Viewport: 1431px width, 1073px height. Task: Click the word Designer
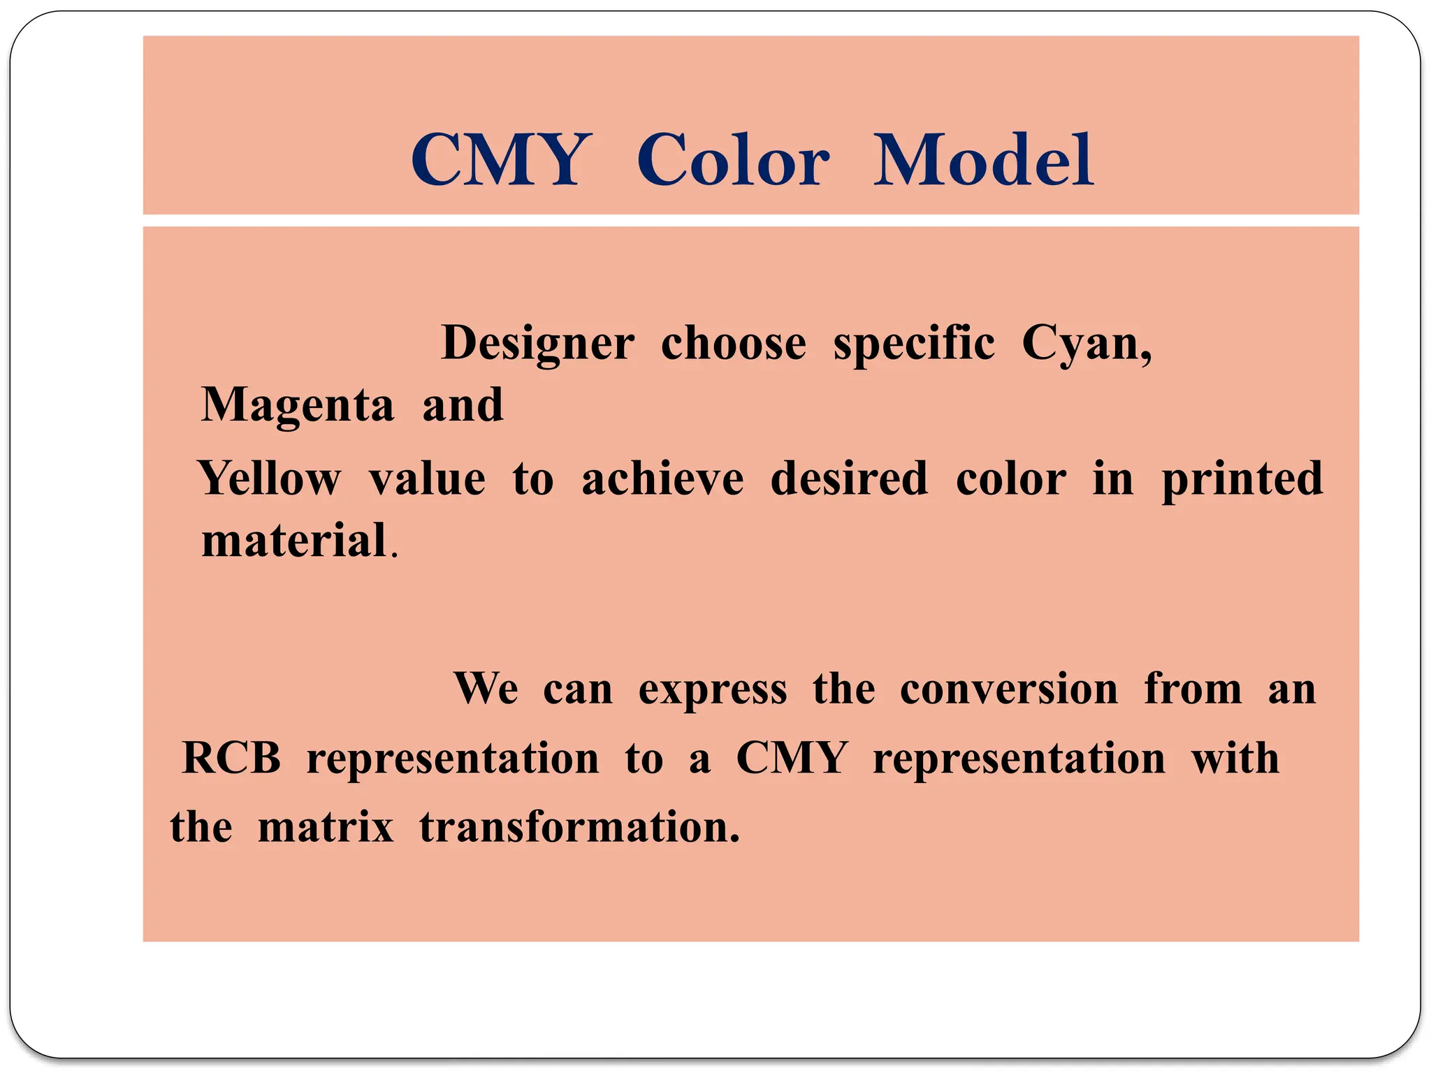tap(537, 344)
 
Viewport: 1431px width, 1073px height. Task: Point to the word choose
tap(734, 344)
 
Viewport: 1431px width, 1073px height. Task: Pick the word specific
tap(914, 344)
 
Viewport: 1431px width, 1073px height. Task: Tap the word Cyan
tap(1086, 344)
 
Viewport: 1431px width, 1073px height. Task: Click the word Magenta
tap(298, 406)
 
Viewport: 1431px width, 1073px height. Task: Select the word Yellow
tap(270, 479)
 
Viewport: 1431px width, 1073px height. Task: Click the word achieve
tap(662, 479)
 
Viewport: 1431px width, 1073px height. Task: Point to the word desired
tap(850, 479)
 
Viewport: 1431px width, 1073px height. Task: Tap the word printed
tap(1242, 479)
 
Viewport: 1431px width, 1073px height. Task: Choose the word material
tap(294, 541)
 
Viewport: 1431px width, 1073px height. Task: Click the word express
tap(713, 689)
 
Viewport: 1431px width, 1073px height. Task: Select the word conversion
tap(1009, 689)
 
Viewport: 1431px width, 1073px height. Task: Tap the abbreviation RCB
tap(231, 758)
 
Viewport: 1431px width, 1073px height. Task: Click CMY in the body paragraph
tap(792, 758)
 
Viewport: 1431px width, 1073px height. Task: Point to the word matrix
tap(326, 827)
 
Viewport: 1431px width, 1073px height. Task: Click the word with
tap(1235, 758)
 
